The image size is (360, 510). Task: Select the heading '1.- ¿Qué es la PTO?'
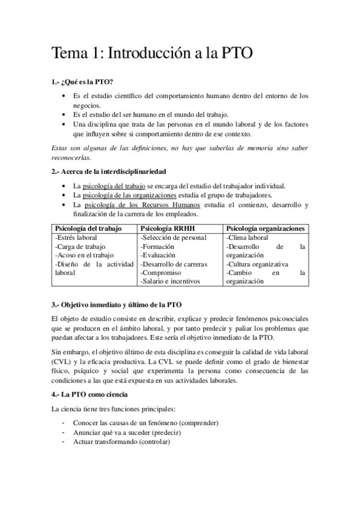click(x=82, y=82)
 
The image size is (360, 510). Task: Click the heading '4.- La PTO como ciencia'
click(x=90, y=395)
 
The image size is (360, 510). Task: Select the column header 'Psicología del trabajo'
click(x=88, y=229)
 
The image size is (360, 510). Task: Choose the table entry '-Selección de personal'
click(x=173, y=238)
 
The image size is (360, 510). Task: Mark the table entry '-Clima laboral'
click(x=247, y=238)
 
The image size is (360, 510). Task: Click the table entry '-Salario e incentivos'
click(x=170, y=281)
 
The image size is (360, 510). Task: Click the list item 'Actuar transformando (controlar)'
click(x=121, y=442)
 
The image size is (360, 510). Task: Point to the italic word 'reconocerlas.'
click(x=70, y=158)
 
